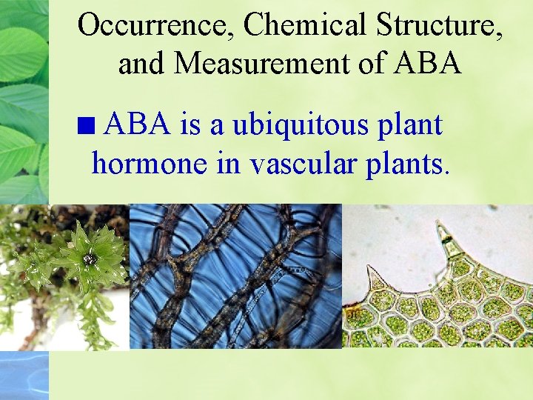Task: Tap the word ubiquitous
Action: [295, 126]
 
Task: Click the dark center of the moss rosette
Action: [90, 259]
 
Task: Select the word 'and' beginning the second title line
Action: [143, 64]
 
